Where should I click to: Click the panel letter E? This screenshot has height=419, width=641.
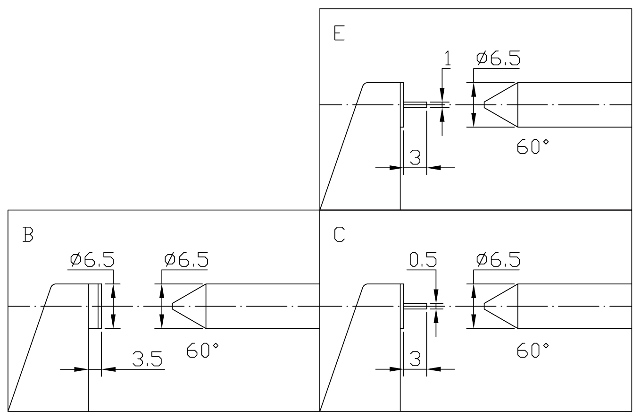pyautogui.click(x=340, y=33)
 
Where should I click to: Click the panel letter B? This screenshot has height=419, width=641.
pyautogui.click(x=28, y=234)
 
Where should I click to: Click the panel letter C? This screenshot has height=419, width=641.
pyautogui.click(x=340, y=234)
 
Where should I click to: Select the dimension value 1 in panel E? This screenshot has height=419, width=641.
pyautogui.click(x=448, y=58)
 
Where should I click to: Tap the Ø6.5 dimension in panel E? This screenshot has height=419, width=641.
pyautogui.click(x=498, y=58)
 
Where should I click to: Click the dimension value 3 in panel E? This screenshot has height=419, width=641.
pyautogui.click(x=415, y=157)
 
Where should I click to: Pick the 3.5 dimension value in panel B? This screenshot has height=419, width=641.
pyautogui.click(x=147, y=359)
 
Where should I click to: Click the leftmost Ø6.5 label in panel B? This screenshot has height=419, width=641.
pyautogui.click(x=92, y=260)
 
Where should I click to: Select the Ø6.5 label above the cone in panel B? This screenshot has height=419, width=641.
pyautogui.click(x=186, y=260)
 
